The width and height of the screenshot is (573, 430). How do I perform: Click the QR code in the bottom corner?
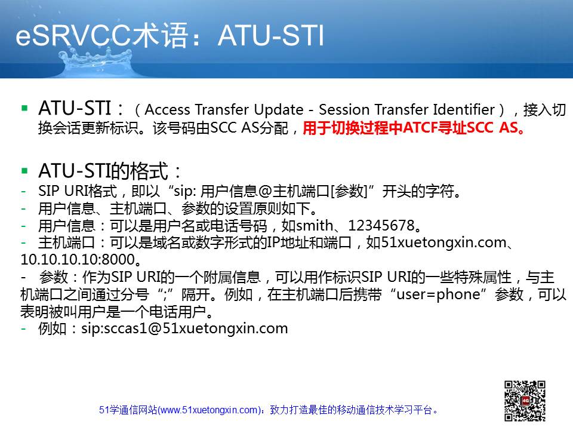[525, 401]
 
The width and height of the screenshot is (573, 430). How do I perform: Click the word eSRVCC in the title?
[73, 36]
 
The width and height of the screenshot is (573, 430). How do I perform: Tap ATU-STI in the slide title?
[271, 36]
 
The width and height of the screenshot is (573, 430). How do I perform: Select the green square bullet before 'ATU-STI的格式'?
[25, 171]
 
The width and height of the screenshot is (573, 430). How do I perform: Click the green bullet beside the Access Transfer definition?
[25, 108]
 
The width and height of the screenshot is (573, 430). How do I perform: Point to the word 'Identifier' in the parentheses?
[464, 109]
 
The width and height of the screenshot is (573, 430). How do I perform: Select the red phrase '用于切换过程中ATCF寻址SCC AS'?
[411, 128]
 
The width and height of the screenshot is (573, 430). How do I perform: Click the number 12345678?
[381, 226]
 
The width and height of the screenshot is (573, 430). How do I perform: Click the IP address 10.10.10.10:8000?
[78, 260]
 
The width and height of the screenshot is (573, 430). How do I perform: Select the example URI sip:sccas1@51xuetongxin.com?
[184, 328]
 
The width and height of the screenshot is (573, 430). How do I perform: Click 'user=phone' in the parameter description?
[438, 294]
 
